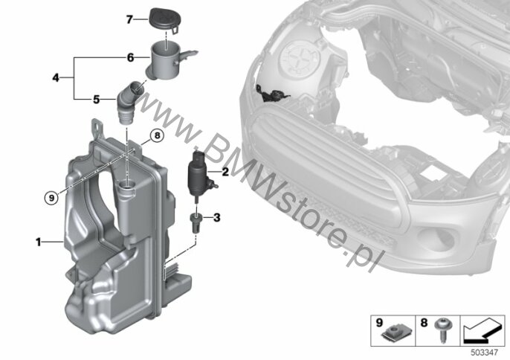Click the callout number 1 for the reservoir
[x=39, y=242]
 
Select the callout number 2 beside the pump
[x=225, y=172]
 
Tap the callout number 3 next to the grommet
[x=217, y=217]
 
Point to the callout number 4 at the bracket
[x=56, y=78]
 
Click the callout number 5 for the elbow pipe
[x=97, y=99]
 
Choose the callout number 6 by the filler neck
[x=130, y=58]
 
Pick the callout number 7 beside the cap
[x=129, y=20]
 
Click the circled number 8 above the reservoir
[x=157, y=135]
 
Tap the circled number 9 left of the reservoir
[x=51, y=197]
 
